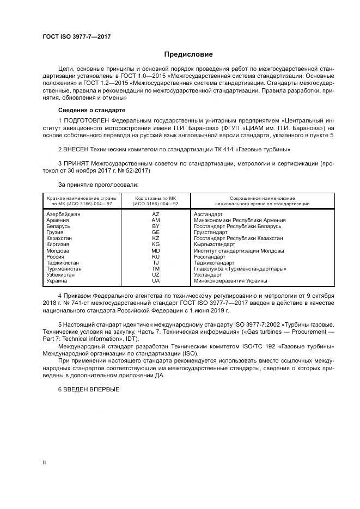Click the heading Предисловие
[x=188, y=54]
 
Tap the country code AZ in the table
[x=156, y=214]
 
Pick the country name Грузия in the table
[x=55, y=232]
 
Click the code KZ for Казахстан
[x=156, y=238]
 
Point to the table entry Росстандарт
[x=209, y=256]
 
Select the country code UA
[x=156, y=280]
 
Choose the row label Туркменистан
[x=64, y=268]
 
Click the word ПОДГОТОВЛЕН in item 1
[x=89, y=119]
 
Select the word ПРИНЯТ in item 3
[x=78, y=163]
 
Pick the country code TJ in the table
[x=156, y=262]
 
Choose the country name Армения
[x=58, y=220]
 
